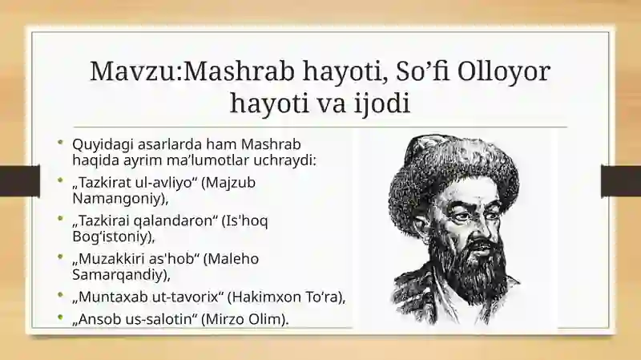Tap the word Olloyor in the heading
coord(504,71)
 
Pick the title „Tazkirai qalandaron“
coord(145,221)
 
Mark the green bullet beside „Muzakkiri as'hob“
coord(61,257)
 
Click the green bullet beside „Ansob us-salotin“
coord(61,317)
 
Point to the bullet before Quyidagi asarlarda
coord(61,143)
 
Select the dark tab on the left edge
coord(20,180)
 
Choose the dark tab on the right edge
coord(621,180)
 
